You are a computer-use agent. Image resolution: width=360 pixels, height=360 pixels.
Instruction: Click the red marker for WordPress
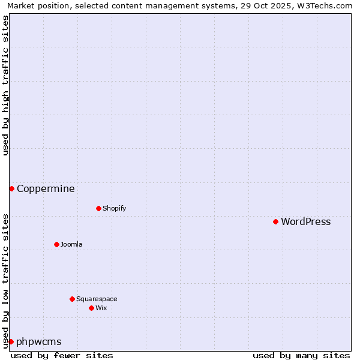click(275, 221)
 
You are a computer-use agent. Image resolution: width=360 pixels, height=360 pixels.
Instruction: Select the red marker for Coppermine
click(11, 188)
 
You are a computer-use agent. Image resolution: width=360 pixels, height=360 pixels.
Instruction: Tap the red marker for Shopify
click(98, 208)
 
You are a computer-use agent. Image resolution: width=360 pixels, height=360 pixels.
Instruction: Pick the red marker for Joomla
click(56, 244)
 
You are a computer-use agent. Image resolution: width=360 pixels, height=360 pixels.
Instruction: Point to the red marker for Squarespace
click(72, 299)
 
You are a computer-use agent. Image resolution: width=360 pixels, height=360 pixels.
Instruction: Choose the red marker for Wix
click(91, 308)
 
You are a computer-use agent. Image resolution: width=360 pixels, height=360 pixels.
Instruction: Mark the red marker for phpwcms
click(11, 341)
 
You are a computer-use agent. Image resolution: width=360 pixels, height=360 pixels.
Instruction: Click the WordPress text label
click(305, 222)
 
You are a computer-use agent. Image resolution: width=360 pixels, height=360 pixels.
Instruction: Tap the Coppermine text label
click(46, 189)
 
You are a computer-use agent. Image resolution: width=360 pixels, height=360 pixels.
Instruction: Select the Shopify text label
click(114, 209)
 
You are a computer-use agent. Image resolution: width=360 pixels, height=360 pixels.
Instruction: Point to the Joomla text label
click(71, 245)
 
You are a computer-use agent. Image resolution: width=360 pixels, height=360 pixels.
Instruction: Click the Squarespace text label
click(97, 299)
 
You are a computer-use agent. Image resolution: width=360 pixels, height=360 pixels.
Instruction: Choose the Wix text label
click(101, 308)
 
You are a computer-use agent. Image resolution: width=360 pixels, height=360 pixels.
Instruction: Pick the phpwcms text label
click(39, 342)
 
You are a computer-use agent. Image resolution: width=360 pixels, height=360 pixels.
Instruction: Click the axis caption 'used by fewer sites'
click(62, 355)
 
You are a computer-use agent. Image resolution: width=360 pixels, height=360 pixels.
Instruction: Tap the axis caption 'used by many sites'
click(301, 355)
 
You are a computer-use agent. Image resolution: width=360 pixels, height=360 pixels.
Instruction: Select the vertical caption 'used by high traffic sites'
click(6, 85)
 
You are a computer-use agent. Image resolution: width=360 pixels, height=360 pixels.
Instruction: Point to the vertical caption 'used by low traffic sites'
click(6, 280)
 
